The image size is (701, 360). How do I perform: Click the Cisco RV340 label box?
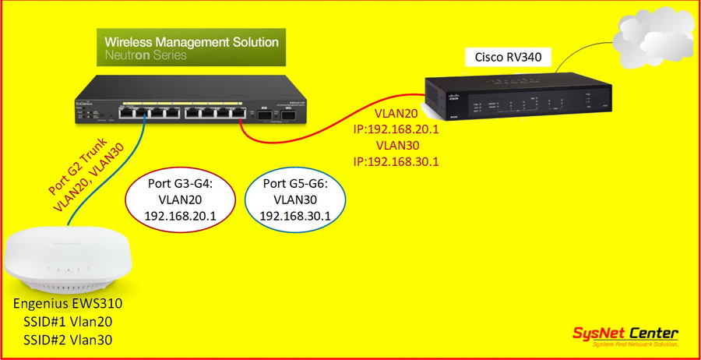(507, 57)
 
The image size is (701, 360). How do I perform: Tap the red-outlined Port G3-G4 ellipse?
(180, 200)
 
